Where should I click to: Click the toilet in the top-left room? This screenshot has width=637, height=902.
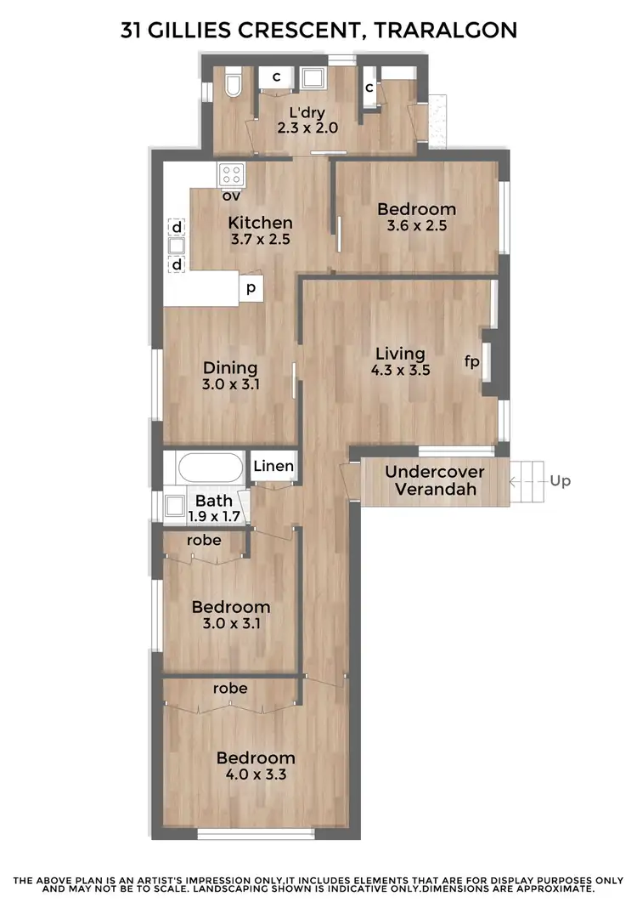coord(234,85)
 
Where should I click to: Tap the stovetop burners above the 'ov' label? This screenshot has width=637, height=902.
coord(232,175)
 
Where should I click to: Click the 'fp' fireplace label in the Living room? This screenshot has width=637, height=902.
coord(471,361)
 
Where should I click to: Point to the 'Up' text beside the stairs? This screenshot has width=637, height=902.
coord(561,481)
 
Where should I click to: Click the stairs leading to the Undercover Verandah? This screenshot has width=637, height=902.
coord(527,482)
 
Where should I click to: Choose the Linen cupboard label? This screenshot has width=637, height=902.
coord(273,466)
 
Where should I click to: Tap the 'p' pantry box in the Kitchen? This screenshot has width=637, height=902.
coord(251,289)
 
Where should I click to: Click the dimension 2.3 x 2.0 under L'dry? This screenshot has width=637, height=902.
coord(307,128)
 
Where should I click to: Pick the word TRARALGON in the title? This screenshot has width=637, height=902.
coord(446,31)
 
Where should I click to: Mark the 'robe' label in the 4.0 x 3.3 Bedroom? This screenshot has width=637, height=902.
coord(230,688)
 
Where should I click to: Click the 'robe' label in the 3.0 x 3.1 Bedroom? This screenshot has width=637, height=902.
coord(204,540)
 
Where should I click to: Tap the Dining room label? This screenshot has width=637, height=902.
coord(230,368)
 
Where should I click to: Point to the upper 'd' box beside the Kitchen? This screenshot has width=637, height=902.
coord(177,228)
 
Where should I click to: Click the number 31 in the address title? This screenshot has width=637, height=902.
coord(132,31)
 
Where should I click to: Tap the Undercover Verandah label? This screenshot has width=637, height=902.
coord(435,480)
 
